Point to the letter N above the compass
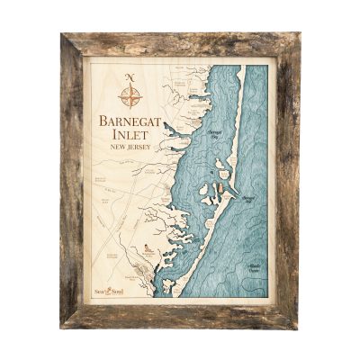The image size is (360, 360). pyautogui.click(x=130, y=76)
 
